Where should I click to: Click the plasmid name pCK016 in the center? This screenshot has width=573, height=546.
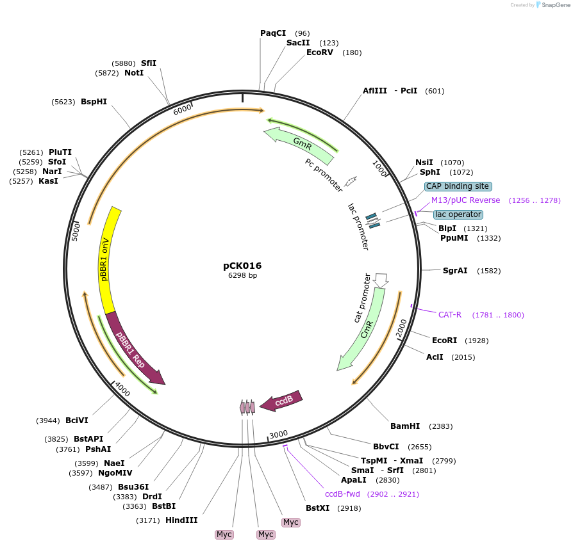pyautogui.click(x=242, y=266)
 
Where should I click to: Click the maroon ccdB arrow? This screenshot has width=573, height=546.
pyautogui.click(x=281, y=401)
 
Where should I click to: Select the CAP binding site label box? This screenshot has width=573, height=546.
pyautogui.click(x=458, y=186)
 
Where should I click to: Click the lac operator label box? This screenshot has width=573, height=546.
pyautogui.click(x=458, y=214)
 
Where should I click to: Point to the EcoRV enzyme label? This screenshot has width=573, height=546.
pyautogui.click(x=320, y=52)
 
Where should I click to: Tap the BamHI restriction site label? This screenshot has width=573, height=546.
pyautogui.click(x=405, y=426)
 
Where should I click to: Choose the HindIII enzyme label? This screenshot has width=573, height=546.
pyautogui.click(x=181, y=520)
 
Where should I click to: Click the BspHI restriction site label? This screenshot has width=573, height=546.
pyautogui.click(x=94, y=102)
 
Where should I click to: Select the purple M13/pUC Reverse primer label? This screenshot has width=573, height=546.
pyautogui.click(x=465, y=200)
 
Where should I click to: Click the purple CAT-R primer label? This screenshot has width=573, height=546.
pyautogui.click(x=450, y=314)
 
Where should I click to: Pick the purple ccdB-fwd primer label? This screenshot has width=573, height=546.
pyautogui.click(x=342, y=494)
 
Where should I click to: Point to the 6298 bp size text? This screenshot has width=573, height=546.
pyautogui.click(x=242, y=276)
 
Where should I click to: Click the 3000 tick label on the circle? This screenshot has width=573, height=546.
pyautogui.click(x=279, y=435)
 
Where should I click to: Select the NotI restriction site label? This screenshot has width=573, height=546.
pyautogui.click(x=134, y=73)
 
